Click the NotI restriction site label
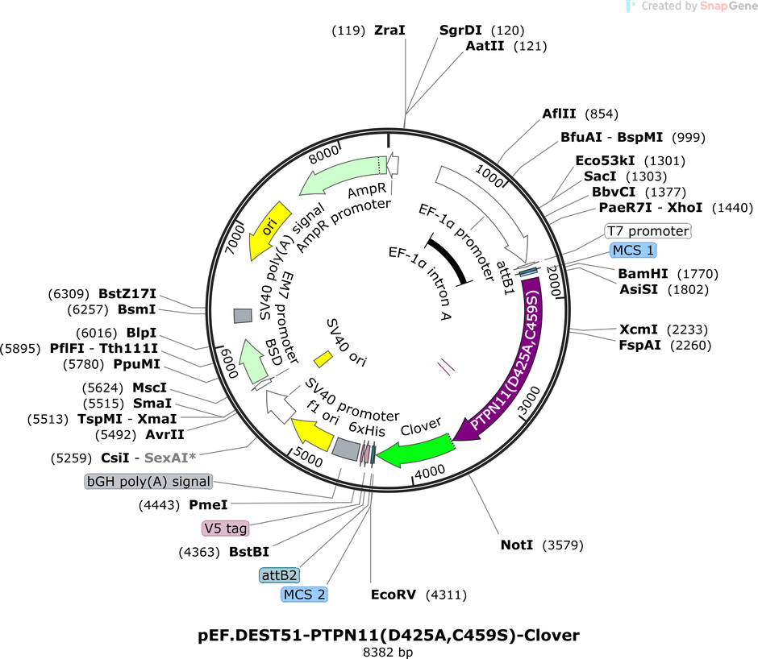pyautogui.click(x=517, y=545)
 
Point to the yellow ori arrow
pyautogui.click(x=269, y=230)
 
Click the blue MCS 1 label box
pyautogui.click(x=633, y=251)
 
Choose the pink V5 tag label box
pyautogui.click(x=225, y=528)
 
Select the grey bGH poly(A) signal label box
pyautogui.click(x=148, y=481)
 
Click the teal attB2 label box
pyautogui.click(x=280, y=575)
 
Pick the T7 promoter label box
pyautogui.click(x=648, y=231)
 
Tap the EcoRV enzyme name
pyautogui.click(x=394, y=595)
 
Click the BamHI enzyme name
pyautogui.click(x=643, y=274)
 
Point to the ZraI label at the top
pyautogui.click(x=389, y=30)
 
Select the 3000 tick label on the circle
pyautogui.click(x=529, y=400)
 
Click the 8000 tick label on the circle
pyautogui.click(x=324, y=155)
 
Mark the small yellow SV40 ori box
pyautogui.click(x=323, y=359)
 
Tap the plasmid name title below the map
pyautogui.click(x=389, y=635)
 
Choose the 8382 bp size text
pyautogui.click(x=388, y=653)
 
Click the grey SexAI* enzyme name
pyautogui.click(x=170, y=458)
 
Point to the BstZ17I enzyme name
pyautogui.click(x=127, y=294)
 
